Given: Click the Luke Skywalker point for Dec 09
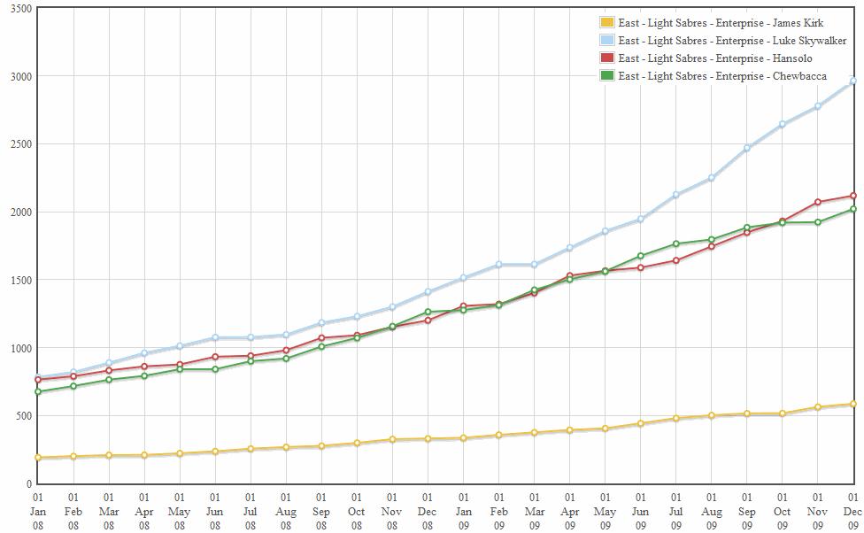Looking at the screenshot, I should (x=852, y=81).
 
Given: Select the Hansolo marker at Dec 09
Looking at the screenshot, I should (x=852, y=196).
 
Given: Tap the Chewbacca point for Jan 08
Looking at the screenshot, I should (x=38, y=391).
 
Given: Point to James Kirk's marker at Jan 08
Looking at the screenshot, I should (x=38, y=458).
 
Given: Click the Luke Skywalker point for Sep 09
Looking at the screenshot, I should (x=746, y=148).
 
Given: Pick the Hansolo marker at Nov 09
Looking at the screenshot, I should (x=817, y=202).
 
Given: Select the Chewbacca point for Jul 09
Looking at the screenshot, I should (x=675, y=244).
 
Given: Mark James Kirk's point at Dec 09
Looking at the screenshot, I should (x=852, y=405).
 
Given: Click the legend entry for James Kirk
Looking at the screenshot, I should (x=721, y=23).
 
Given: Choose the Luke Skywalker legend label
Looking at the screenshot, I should (x=732, y=41).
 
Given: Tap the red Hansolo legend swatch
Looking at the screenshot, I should (x=607, y=58).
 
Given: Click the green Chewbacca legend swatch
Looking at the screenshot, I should (x=607, y=76).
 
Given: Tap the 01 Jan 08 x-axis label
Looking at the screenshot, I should (x=38, y=512).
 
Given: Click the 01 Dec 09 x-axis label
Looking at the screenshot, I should (x=852, y=512).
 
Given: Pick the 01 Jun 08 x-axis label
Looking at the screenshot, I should (x=215, y=512).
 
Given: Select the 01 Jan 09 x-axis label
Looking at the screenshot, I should (x=463, y=512).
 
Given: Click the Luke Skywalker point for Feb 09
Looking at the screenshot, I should (x=498, y=265).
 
